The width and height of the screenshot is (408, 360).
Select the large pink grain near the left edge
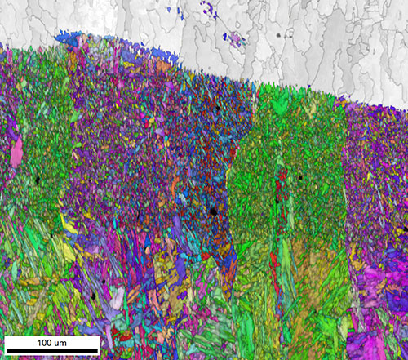(16, 152)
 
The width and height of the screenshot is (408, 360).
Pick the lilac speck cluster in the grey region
(235, 38)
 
